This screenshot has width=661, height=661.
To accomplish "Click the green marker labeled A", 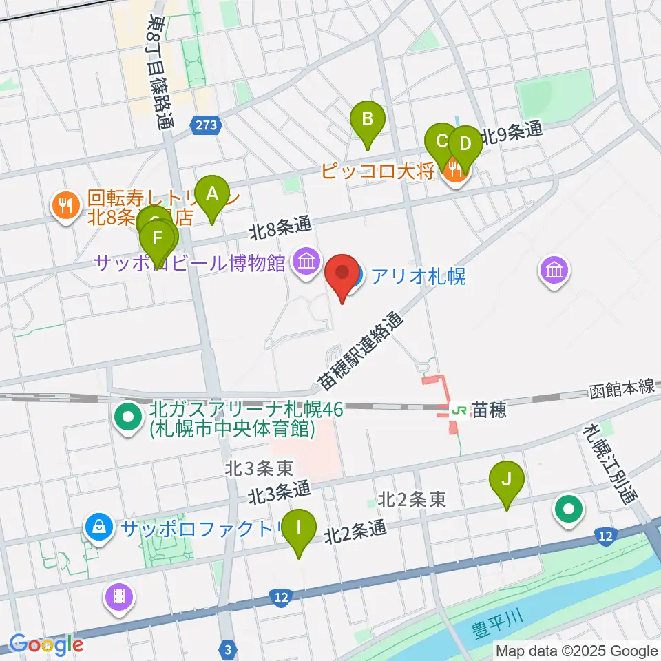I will click(211, 193).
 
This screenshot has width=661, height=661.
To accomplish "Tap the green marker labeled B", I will click(367, 118).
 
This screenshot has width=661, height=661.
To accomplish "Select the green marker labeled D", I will click(465, 145).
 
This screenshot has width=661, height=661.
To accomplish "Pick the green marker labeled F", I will click(158, 240).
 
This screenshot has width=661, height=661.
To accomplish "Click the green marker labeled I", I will click(299, 528).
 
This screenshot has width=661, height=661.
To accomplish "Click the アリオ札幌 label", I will click(419, 277).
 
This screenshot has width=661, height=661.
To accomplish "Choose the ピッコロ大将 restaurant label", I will click(378, 170).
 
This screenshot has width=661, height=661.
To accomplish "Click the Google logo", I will click(45, 644).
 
